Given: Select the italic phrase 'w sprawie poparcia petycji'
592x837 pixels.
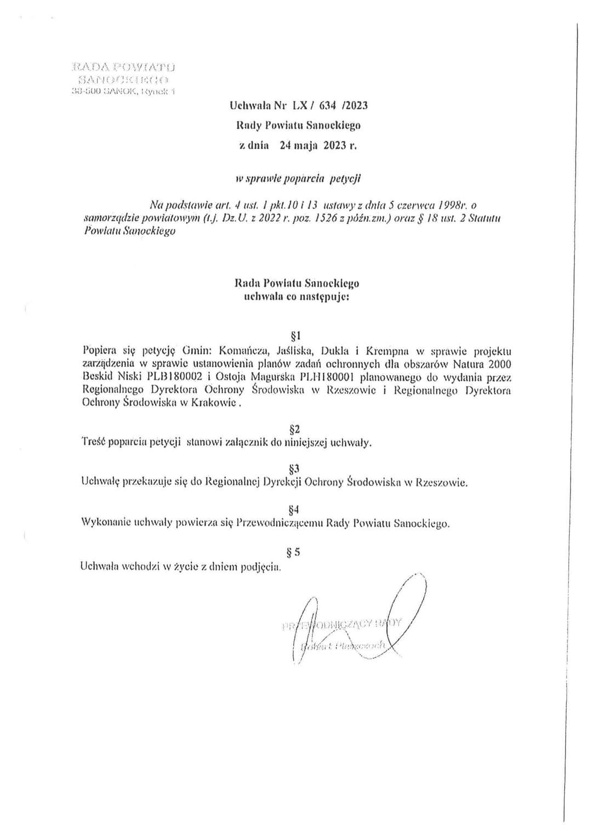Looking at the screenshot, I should [x=298, y=178].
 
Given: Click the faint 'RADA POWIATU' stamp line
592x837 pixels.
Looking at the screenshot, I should [x=123, y=67].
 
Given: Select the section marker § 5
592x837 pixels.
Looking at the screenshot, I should [x=294, y=552].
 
